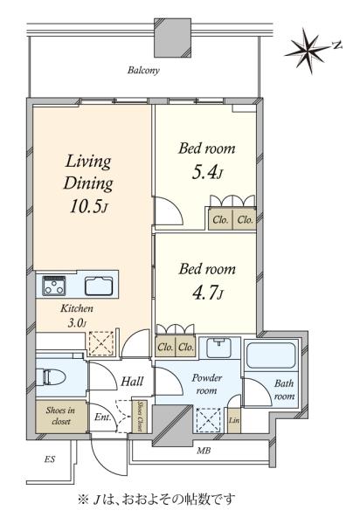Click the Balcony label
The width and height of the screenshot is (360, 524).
(x=143, y=71)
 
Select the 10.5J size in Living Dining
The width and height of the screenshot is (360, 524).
(x=88, y=207)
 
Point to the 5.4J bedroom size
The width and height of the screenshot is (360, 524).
(x=207, y=173)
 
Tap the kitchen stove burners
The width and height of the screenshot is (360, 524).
(x=54, y=286)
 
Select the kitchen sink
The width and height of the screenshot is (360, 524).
(x=98, y=286)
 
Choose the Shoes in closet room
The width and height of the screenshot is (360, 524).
(x=61, y=416)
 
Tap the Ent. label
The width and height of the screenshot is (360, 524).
(x=102, y=417)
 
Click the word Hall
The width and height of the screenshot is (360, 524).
(x=132, y=382)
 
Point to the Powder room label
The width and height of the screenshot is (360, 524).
(x=207, y=384)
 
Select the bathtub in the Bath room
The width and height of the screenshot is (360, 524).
(x=271, y=355)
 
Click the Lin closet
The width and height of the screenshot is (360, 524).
(x=234, y=420)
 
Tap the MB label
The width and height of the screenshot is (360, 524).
(x=204, y=451)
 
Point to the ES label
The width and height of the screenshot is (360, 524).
(x=50, y=459)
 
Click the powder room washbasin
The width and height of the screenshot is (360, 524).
(x=219, y=348)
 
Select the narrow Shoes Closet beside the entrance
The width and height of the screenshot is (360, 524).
(x=140, y=416)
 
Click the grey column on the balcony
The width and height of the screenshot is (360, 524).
(x=172, y=38)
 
